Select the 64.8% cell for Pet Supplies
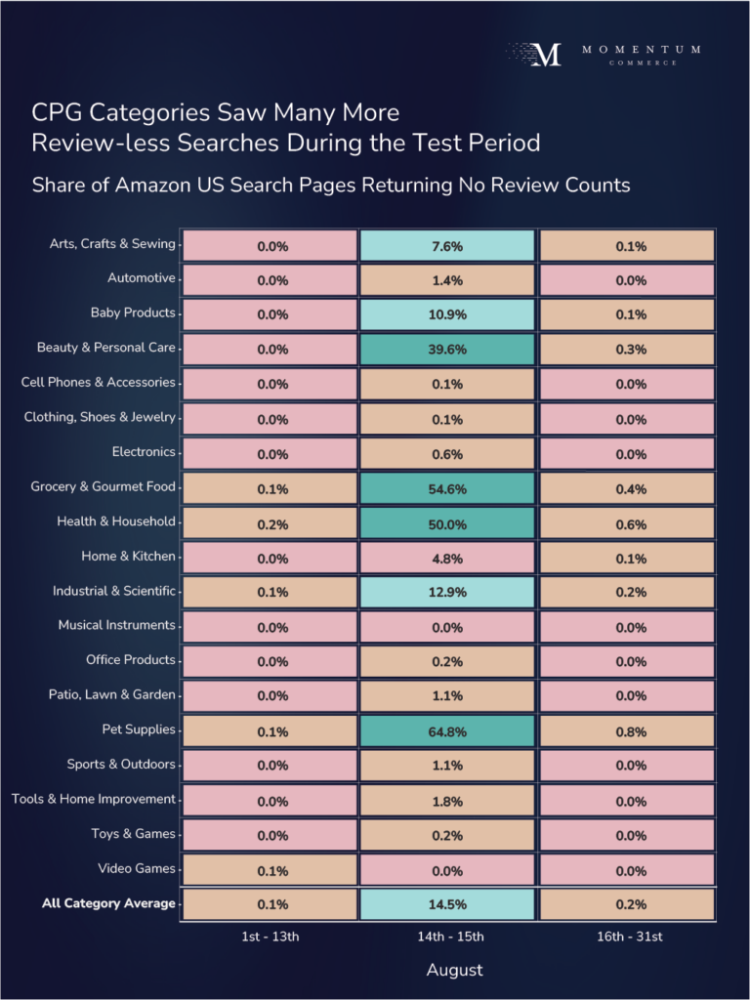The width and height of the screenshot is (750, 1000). [447, 730]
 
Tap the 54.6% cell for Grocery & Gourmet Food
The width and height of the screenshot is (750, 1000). [447, 488]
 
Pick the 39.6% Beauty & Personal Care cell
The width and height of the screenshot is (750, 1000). [447, 350]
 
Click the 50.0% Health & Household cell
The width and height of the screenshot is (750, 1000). [447, 523]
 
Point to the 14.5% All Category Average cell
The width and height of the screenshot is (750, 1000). [447, 904]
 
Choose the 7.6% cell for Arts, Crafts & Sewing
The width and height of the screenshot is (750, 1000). [447, 246]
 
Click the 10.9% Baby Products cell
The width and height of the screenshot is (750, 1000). [447, 315]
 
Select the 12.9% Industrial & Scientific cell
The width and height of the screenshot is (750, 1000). [447, 593]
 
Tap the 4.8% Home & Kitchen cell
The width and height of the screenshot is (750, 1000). [447, 558]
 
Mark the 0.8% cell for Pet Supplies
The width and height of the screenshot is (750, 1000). [631, 730]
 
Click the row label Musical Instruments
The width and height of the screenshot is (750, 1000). [116, 625]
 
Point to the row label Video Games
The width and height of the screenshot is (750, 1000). [136, 868]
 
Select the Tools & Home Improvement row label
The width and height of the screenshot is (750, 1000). [94, 799]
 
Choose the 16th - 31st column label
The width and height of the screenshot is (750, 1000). [631, 937]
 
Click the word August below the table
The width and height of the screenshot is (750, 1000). [454, 971]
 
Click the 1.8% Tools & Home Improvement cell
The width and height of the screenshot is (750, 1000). [447, 801]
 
